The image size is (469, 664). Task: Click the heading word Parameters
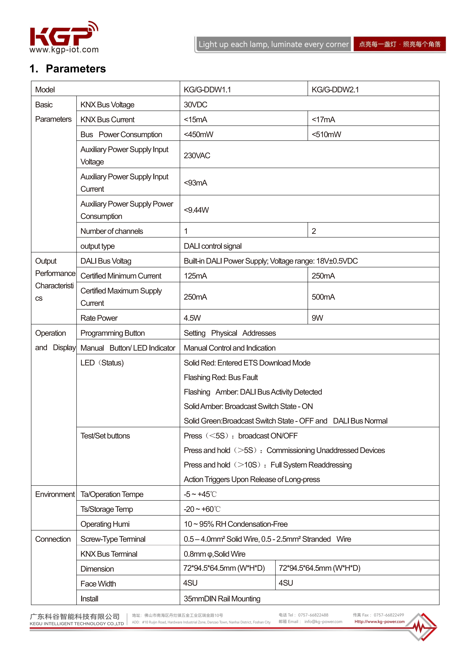click(76, 69)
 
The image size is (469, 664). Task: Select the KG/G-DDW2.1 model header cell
click(335, 90)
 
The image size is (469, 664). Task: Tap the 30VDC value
click(196, 105)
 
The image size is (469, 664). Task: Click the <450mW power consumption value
click(198, 134)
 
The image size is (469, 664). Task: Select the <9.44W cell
click(196, 210)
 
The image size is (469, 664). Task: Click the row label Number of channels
click(112, 231)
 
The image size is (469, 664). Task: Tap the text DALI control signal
click(213, 246)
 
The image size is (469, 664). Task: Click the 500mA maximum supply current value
click(323, 297)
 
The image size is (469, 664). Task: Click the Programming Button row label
click(113, 333)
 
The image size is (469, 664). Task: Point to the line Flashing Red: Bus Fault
click(221, 377)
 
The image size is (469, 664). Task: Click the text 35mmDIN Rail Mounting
click(222, 599)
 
